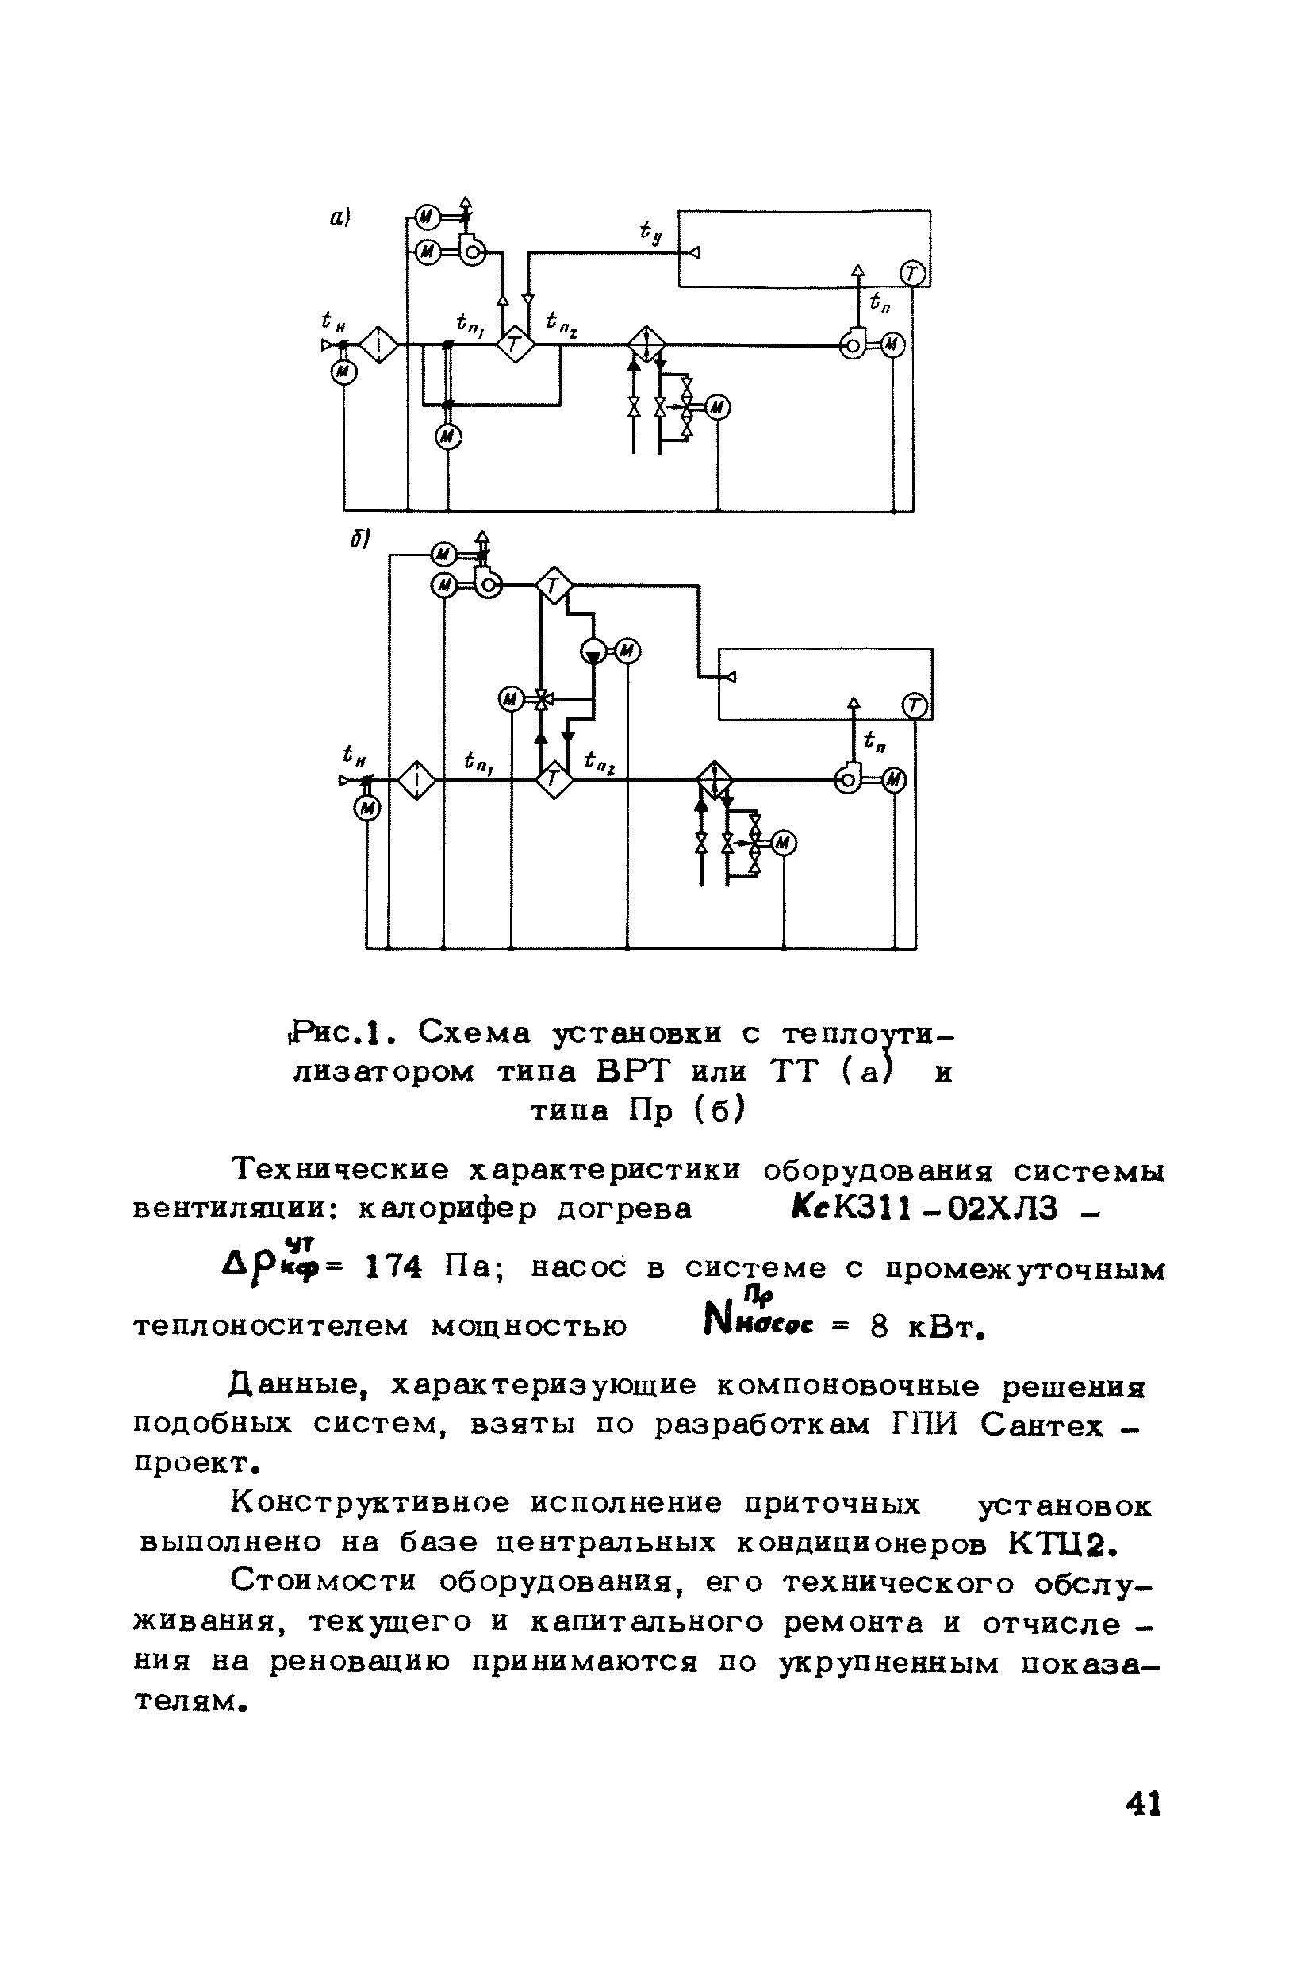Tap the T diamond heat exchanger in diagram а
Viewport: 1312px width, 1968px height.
[516, 343]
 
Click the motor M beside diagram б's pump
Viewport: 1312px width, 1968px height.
[627, 651]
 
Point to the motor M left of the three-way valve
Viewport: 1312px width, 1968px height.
[510, 699]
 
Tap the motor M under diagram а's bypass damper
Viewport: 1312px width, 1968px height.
[449, 436]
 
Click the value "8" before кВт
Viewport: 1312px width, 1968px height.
[879, 1328]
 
